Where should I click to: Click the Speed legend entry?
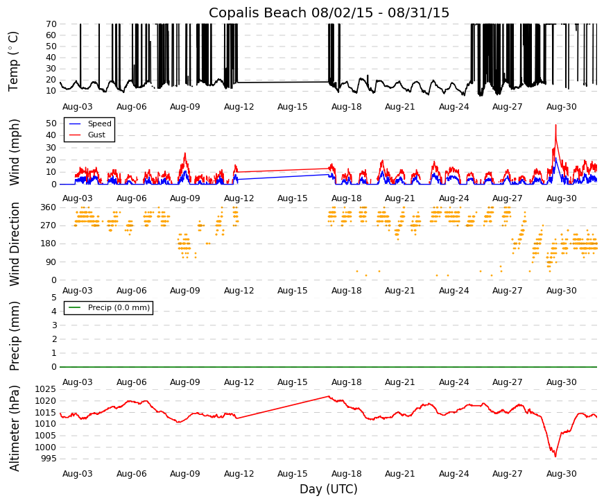[x=99, y=123]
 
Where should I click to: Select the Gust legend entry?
[x=96, y=135]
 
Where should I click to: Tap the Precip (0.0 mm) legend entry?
[x=119, y=307]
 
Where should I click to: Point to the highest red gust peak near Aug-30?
[x=556, y=125]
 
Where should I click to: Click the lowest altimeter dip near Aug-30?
[x=555, y=457]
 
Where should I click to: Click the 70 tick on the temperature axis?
[x=51, y=24]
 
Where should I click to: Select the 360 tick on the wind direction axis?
[x=49, y=207]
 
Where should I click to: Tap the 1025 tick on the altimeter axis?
[x=46, y=389]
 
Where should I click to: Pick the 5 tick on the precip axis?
[x=54, y=297]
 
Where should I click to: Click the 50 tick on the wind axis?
[x=51, y=123]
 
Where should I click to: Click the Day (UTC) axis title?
[x=329, y=489]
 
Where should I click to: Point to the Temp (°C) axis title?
[x=13, y=61]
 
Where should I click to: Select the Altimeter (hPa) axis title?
[x=15, y=428]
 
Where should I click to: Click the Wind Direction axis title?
[x=15, y=244]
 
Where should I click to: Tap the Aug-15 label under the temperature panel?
[x=293, y=107]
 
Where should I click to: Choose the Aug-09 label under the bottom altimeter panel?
[x=185, y=474]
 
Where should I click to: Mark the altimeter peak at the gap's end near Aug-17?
[x=328, y=396]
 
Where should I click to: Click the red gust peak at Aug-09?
[x=185, y=153]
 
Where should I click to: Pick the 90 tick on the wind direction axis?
[x=51, y=262]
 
